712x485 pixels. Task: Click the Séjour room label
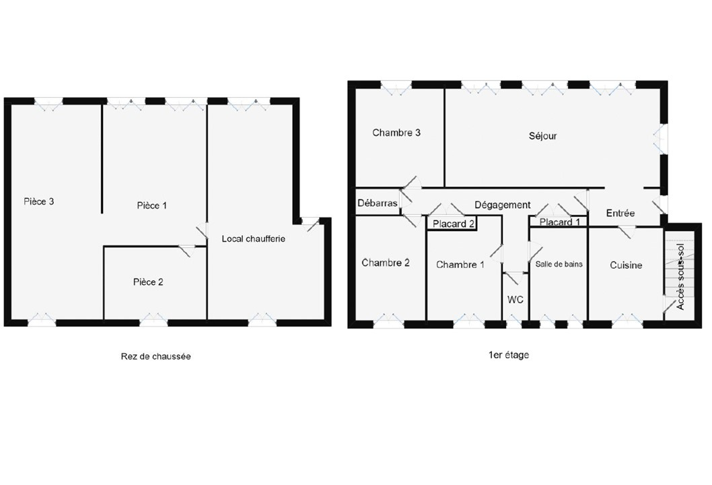(542, 136)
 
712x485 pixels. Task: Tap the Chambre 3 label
(396, 133)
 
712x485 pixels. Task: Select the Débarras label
(378, 203)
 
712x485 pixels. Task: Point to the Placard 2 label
(453, 224)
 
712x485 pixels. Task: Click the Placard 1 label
(560, 222)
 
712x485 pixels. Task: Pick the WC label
(515, 300)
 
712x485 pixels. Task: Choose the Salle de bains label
(559, 264)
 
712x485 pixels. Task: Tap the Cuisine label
(626, 265)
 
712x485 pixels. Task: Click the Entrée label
(620, 213)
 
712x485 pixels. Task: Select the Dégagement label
(503, 205)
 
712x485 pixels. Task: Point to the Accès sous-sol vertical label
(680, 277)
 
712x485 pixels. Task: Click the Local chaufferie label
(254, 238)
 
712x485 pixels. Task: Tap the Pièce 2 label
(148, 282)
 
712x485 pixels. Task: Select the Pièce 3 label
(39, 201)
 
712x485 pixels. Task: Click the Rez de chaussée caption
(155, 356)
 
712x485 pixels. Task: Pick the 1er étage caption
(509, 355)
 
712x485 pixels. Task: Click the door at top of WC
(515, 277)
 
